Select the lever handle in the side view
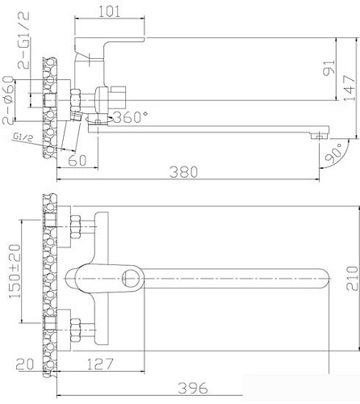point(108,42)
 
